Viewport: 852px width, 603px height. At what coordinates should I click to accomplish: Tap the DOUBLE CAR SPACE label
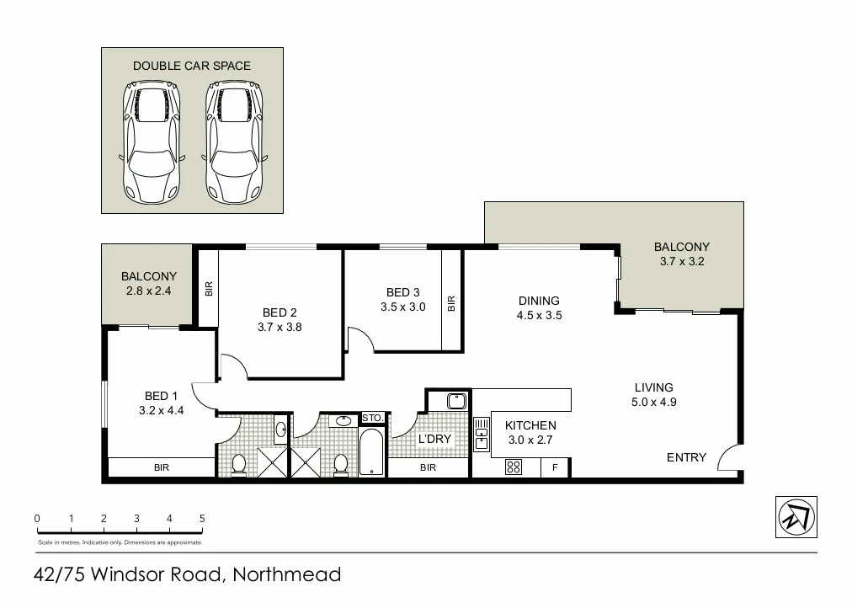192,66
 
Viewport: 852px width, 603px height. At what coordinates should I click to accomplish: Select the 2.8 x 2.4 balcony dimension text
149,291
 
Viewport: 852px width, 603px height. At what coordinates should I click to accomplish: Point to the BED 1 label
161,396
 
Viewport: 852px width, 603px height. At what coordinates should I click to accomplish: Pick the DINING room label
539,301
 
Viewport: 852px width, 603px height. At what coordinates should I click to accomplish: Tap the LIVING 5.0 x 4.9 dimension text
654,402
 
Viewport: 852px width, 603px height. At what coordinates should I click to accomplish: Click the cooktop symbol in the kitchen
513,467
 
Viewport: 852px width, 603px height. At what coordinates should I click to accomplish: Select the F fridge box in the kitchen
555,467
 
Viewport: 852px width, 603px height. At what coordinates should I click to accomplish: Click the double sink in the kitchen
482,435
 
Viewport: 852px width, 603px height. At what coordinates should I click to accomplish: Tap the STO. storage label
372,418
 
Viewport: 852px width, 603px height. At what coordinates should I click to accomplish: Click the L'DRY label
435,439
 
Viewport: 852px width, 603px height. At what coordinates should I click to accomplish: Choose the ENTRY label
686,457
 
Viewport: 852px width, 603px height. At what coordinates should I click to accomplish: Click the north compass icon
796,515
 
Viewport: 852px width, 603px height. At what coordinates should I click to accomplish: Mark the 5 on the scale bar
202,519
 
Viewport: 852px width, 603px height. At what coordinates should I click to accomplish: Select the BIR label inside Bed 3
451,302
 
